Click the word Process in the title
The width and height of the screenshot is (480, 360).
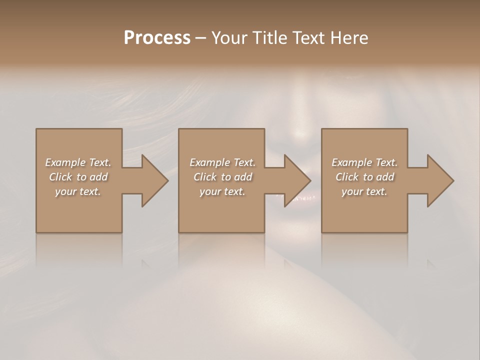coord(157,38)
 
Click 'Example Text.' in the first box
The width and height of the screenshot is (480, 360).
coord(78,162)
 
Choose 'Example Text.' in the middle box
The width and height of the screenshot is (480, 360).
coord(222,162)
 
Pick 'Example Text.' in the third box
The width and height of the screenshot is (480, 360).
coord(364,162)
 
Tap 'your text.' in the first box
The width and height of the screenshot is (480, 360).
coord(78,191)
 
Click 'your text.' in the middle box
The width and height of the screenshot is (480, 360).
coord(222,191)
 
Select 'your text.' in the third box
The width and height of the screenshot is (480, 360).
coord(364,191)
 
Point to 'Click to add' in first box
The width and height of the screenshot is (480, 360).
coord(78,177)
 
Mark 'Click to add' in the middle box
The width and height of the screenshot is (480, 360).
coord(222,177)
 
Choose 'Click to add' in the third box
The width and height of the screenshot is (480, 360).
coord(364,177)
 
